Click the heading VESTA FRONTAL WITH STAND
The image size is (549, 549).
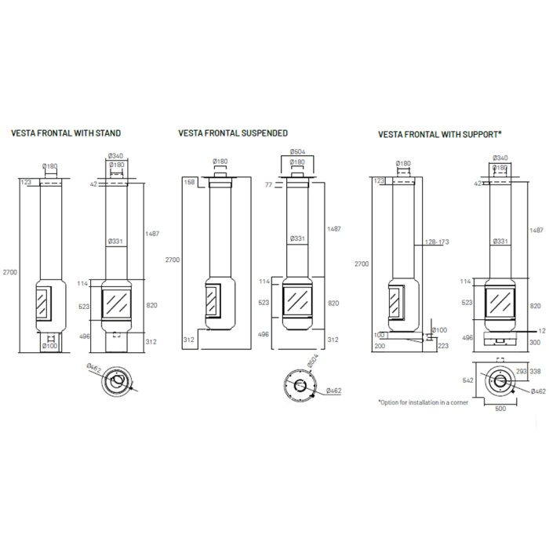(x=65, y=133)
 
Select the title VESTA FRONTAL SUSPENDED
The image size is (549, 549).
(x=233, y=133)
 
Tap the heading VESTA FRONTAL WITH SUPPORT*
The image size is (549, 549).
(x=439, y=134)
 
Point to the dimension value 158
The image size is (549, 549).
(x=188, y=182)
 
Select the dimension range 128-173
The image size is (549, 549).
(x=435, y=242)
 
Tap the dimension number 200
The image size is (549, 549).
(x=380, y=344)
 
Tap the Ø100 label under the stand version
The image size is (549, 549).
(x=49, y=345)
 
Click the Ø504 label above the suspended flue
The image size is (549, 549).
(x=298, y=151)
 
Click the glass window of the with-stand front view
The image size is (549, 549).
(x=117, y=302)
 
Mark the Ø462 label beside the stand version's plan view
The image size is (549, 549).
(x=95, y=367)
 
